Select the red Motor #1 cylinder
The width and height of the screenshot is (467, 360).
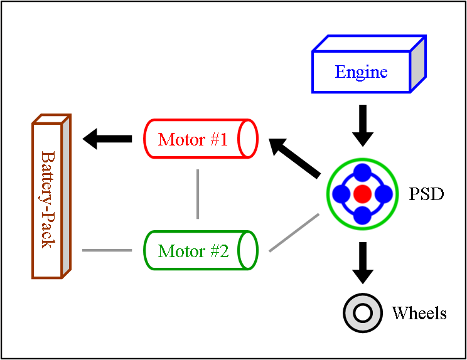point(200,139)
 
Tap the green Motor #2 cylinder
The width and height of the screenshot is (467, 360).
point(200,251)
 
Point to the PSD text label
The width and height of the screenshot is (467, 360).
point(426,194)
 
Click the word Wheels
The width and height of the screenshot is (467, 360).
point(419,313)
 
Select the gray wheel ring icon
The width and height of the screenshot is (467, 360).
point(362,312)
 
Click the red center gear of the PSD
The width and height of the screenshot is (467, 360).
point(362,194)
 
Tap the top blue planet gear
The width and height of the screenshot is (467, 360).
point(362,172)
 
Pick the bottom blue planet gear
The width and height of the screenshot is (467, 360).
point(362,215)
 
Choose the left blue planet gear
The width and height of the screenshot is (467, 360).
point(341,194)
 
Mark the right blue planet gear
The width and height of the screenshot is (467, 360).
point(383,194)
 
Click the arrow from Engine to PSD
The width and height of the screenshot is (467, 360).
point(362,125)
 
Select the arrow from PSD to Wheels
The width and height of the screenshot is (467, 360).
point(362,262)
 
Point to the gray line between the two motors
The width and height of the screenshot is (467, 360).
point(198,194)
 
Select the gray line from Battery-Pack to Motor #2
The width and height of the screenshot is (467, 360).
point(107,250)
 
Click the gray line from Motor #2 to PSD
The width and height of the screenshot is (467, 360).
point(294,233)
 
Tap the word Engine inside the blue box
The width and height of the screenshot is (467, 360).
point(361,71)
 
